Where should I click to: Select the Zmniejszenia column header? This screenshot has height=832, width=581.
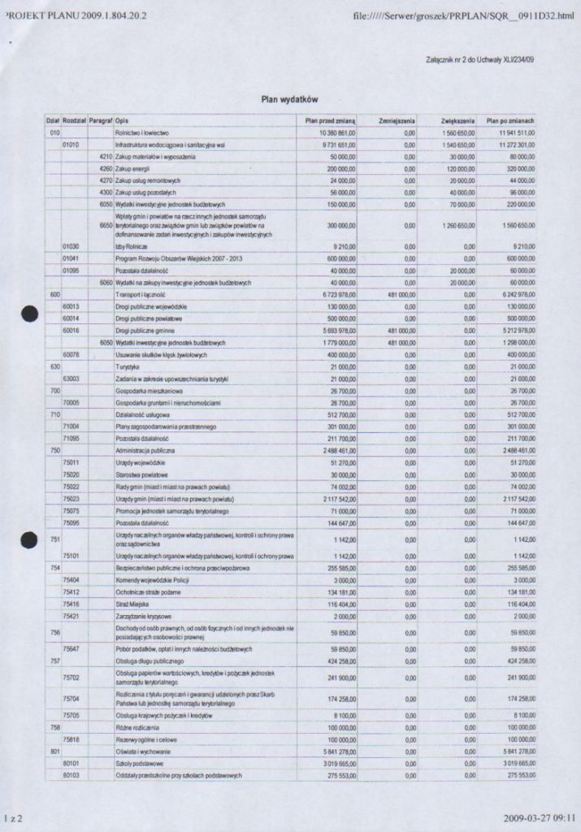(x=397, y=120)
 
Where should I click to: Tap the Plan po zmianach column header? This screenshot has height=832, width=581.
(x=509, y=120)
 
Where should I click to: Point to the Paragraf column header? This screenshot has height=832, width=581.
(x=101, y=120)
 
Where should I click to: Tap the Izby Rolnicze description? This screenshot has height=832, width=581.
(x=130, y=245)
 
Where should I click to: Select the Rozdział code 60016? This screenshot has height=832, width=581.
(x=71, y=331)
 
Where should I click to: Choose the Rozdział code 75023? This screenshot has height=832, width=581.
(x=71, y=498)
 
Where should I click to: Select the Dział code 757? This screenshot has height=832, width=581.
(x=54, y=661)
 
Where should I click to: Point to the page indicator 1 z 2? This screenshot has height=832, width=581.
(x=11, y=819)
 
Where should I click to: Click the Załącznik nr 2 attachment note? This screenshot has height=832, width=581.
(x=479, y=59)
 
